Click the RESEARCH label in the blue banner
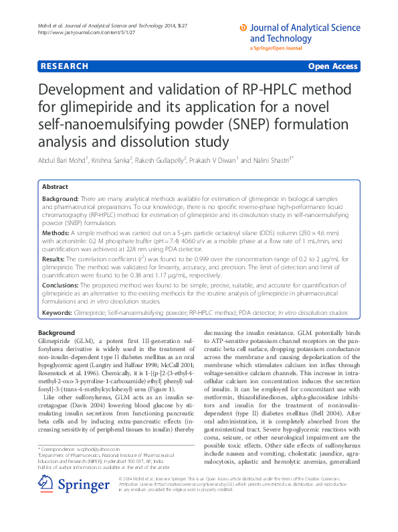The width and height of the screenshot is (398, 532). (x=64, y=66)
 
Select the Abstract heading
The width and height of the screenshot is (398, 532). (x=55, y=187)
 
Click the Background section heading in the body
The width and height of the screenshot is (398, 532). (x=56, y=333)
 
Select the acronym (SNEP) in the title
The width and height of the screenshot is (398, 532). (x=261, y=125)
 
